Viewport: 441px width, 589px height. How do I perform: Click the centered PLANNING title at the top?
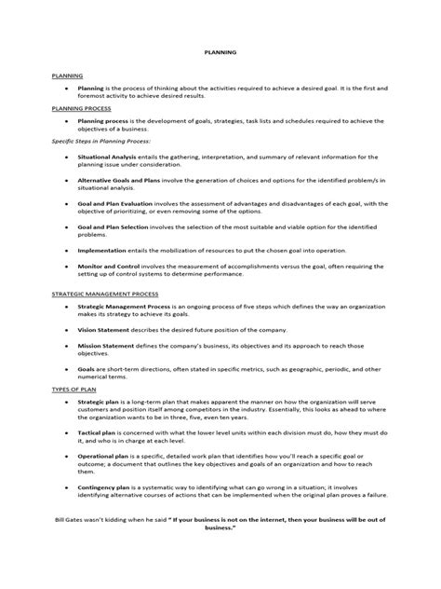[220, 53]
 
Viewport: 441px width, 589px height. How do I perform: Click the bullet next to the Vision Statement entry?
[67, 330]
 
